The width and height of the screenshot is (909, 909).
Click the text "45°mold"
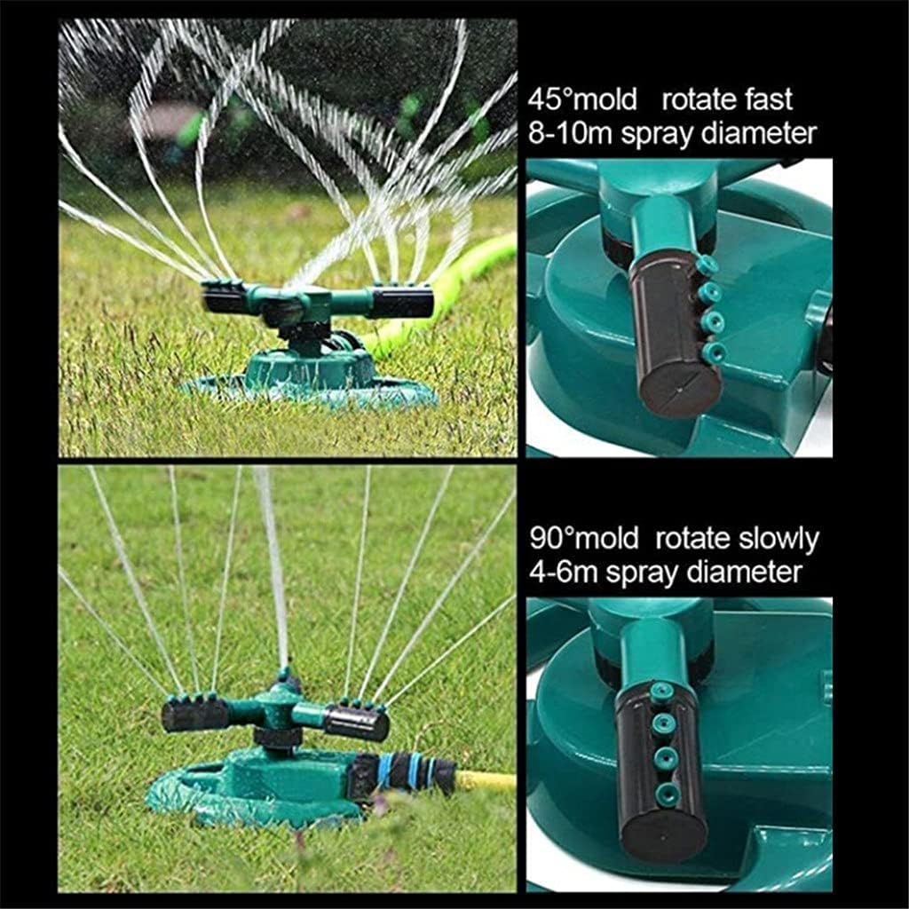pyautogui.click(x=582, y=99)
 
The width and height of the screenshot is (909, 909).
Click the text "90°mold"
pyautogui.click(x=582, y=539)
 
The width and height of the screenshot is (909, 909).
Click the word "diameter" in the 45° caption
pyautogui.click(x=756, y=133)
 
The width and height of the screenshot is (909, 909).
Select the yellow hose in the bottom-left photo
pyautogui.click(x=486, y=781)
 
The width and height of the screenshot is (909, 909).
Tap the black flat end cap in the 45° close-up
pyautogui.click(x=680, y=390)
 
